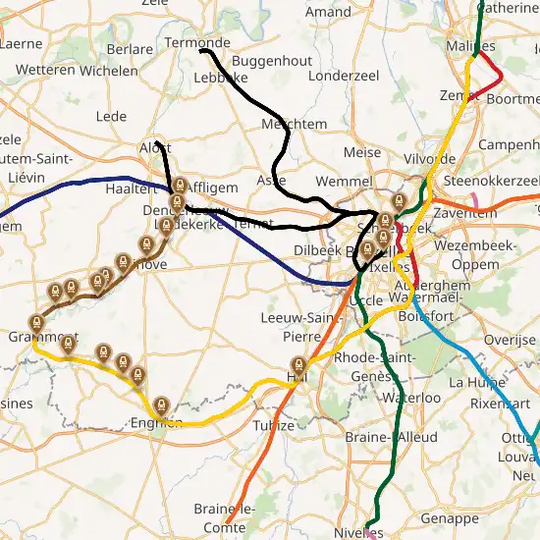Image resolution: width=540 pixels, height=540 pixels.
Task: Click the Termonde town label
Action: tap(197, 43)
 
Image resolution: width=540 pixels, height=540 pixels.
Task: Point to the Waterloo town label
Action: tap(406, 398)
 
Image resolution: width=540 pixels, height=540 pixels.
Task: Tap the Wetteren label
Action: tap(45, 71)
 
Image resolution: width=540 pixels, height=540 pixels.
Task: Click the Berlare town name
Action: tap(130, 49)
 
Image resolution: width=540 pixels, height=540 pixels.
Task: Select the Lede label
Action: tap(111, 116)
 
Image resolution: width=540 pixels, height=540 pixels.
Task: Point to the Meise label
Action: tap(362, 153)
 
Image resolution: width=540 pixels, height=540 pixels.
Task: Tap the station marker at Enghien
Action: tap(161, 404)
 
